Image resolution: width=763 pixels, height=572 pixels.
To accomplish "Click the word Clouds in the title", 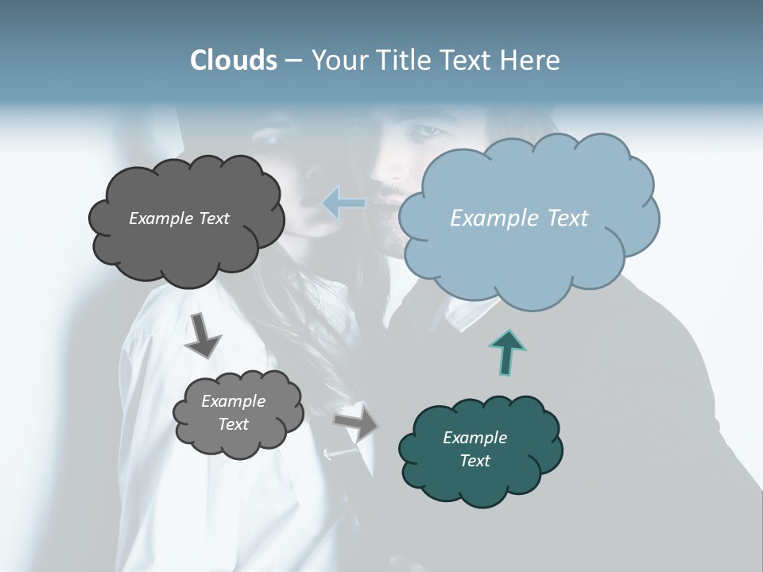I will tap(233, 60).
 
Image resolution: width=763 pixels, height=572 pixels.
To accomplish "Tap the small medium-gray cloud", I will tap(238, 437).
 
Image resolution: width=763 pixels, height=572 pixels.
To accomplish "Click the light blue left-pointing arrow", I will tap(344, 203).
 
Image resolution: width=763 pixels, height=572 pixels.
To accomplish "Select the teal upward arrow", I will tap(506, 351).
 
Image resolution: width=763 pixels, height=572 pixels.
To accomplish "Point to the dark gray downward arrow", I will tap(203, 334).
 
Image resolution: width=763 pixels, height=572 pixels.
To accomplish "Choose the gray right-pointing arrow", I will tap(356, 423).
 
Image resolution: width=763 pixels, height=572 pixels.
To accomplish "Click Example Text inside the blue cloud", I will tap(519, 218).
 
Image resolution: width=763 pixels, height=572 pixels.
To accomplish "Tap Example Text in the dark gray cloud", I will tap(179, 218).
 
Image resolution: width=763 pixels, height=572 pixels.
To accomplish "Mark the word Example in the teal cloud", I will tap(474, 438).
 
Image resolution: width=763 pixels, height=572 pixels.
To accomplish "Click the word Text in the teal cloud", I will tap(474, 461).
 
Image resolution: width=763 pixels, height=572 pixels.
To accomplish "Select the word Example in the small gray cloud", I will tap(233, 401).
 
